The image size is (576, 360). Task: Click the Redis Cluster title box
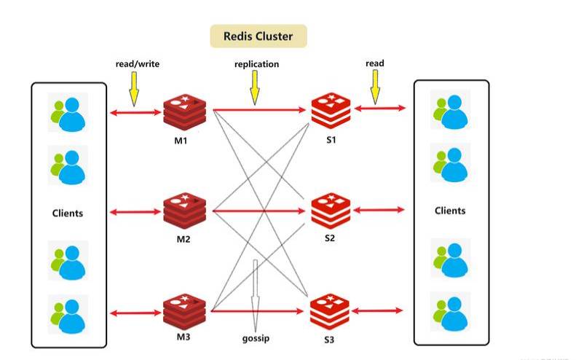tap(259, 36)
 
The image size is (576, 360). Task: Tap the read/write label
tap(137, 64)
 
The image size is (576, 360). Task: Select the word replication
tap(256, 64)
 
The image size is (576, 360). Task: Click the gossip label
tap(256, 340)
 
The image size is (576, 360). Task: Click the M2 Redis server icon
tap(183, 211)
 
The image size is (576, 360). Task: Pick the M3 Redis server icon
tap(183, 311)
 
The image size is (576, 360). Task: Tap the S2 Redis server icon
tap(331, 211)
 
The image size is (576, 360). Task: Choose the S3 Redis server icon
tap(331, 311)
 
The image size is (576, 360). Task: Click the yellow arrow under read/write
tap(134, 89)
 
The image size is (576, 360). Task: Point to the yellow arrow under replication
tap(255, 89)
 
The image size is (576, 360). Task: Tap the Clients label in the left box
tap(68, 214)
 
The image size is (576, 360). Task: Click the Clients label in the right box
tap(450, 211)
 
